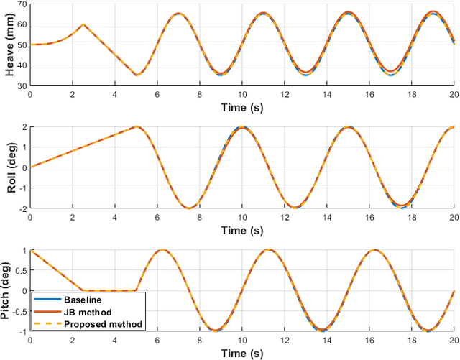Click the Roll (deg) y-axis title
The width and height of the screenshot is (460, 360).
click(x=8, y=167)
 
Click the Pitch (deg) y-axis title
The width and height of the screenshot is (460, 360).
click(x=8, y=290)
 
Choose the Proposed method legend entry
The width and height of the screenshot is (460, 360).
click(x=100, y=324)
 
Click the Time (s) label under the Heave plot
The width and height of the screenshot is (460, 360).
click(x=241, y=106)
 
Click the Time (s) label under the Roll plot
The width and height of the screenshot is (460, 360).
click(x=241, y=229)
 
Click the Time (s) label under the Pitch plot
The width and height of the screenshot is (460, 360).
click(x=241, y=353)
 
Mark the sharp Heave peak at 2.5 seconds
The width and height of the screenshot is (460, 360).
click(x=83, y=24)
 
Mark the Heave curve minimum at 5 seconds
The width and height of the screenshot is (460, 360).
click(x=136, y=75)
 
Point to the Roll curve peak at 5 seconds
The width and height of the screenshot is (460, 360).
click(x=137, y=127)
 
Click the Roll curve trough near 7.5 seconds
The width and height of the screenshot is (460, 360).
click(x=189, y=208)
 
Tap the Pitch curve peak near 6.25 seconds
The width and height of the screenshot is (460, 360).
click(x=162, y=250)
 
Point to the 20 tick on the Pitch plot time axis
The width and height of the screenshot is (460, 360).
click(x=454, y=340)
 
